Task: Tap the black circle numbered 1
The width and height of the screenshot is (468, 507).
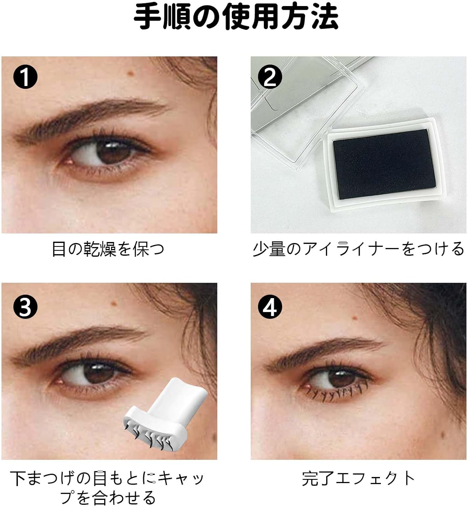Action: [x=25, y=78]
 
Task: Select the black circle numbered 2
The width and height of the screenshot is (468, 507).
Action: [x=270, y=78]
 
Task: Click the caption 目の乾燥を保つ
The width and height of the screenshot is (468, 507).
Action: [x=108, y=249]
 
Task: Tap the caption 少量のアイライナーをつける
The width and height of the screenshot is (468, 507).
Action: [x=358, y=249]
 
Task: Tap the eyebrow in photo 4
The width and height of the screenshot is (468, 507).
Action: [x=324, y=352]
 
